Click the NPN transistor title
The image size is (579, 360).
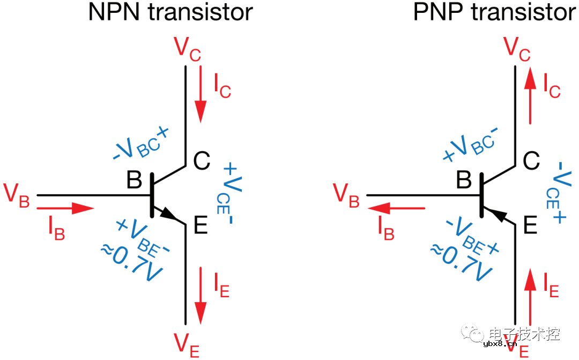click(x=170, y=12)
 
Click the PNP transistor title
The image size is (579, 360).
click(x=495, y=12)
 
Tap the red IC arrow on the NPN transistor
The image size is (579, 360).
click(x=201, y=94)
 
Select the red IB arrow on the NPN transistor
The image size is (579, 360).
click(x=65, y=209)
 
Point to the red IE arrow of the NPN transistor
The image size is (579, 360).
click(x=201, y=296)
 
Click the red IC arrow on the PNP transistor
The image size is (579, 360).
click(x=530, y=95)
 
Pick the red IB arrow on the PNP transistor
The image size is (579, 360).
click(x=396, y=209)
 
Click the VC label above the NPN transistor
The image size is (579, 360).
click(x=187, y=49)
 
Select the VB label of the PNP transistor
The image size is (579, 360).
click(x=346, y=195)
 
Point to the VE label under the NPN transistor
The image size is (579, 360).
click(x=187, y=346)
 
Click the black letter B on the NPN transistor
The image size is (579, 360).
click(x=134, y=180)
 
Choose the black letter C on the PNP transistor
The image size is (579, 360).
click(x=531, y=161)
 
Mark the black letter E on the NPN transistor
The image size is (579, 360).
click(x=201, y=225)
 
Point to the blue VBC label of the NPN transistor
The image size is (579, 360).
click(x=140, y=143)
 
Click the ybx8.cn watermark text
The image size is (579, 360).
click(x=500, y=344)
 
